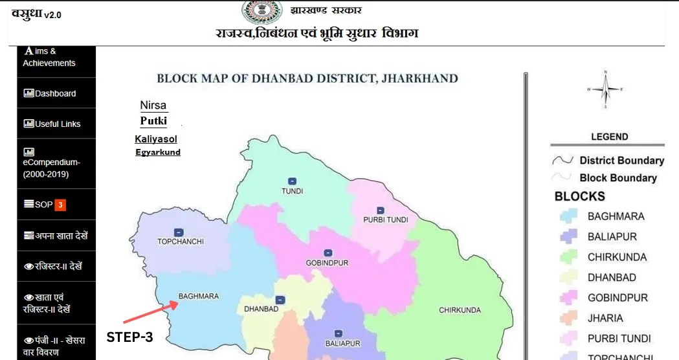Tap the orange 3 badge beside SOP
click(x=60, y=205)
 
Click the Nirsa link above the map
click(x=153, y=106)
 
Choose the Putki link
click(x=153, y=120)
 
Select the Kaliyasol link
click(x=155, y=139)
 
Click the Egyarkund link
click(x=157, y=153)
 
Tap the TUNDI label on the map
click(x=292, y=191)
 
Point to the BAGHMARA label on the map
click(x=198, y=297)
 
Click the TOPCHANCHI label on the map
click(x=181, y=242)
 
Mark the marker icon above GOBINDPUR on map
click(x=328, y=253)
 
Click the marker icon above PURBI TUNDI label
click(x=381, y=210)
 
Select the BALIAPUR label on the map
click(x=342, y=343)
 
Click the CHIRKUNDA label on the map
click(x=460, y=310)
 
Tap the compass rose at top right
click(x=604, y=89)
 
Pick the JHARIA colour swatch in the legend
click(x=569, y=319)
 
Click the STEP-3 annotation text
click(x=129, y=337)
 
